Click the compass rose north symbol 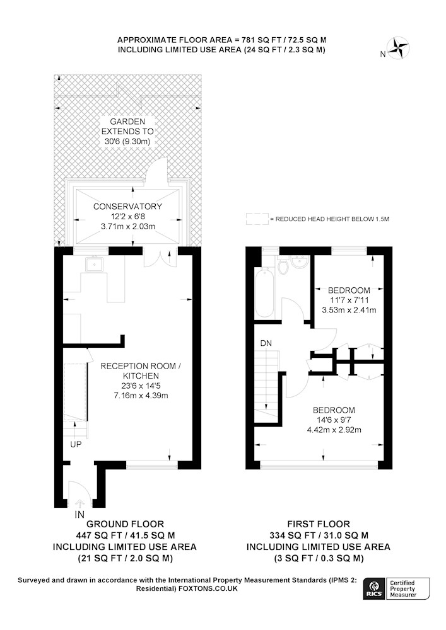coord(398,48)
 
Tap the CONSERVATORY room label coord(127,207)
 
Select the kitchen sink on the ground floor coord(94,264)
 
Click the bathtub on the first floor coord(264,294)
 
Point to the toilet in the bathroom coord(283,266)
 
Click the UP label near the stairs coord(76,445)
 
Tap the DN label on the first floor coord(266,343)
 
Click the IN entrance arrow coord(79,503)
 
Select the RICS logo coord(373,589)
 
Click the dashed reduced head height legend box coord(257,219)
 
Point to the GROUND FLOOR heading coord(125,524)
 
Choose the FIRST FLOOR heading coord(319,524)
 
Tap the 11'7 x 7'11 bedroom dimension coord(349,300)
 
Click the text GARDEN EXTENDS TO coord(127,126)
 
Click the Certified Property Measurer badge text coord(402,589)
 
